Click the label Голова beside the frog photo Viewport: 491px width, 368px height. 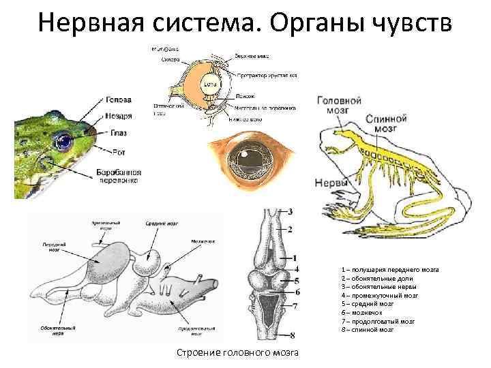pos(117,99)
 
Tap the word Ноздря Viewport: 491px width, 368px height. pos(118,116)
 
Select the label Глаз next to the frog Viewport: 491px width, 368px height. pos(118,132)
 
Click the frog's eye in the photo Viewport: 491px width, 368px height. pos(65,142)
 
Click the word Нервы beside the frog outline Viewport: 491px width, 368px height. pos(331,183)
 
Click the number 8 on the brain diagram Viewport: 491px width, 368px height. pos(292,335)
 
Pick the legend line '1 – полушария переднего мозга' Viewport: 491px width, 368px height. pos(390,270)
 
